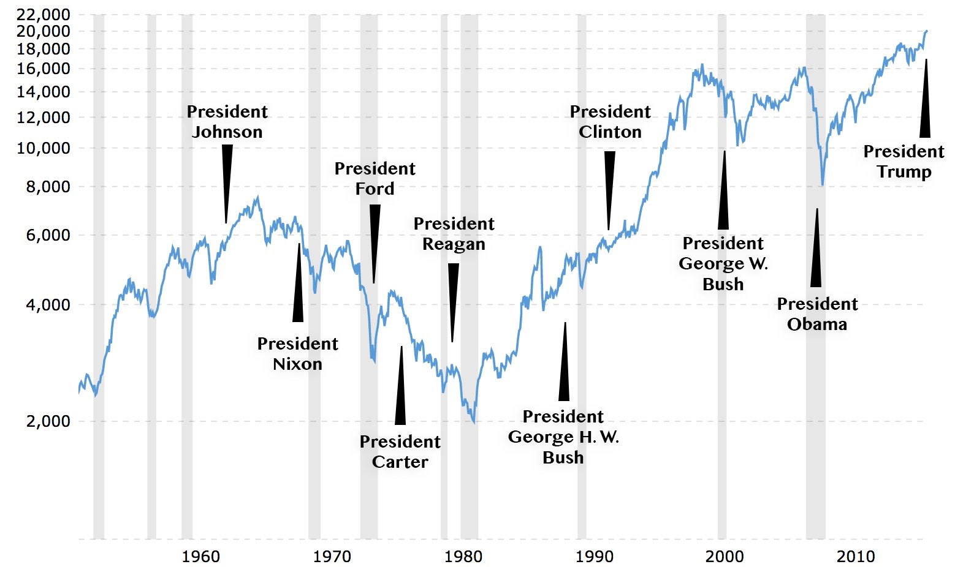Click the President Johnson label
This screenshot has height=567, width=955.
[227, 122]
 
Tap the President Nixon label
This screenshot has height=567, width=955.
[297, 354]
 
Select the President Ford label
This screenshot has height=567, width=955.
[375, 179]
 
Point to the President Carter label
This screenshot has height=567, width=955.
[400, 452]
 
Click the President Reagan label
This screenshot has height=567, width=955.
[454, 234]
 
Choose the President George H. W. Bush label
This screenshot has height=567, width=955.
[563, 437]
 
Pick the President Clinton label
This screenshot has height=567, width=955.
[610, 122]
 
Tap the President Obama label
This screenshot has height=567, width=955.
[817, 314]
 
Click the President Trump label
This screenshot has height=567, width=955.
[904, 162]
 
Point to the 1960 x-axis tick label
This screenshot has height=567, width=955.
[200, 557]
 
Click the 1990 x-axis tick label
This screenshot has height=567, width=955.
[594, 557]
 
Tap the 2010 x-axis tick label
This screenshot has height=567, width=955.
[856, 557]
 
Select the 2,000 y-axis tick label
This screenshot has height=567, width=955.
[48, 421]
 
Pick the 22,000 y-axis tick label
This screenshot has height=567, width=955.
[44, 14]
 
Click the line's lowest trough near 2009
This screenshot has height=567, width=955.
[823, 184]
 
